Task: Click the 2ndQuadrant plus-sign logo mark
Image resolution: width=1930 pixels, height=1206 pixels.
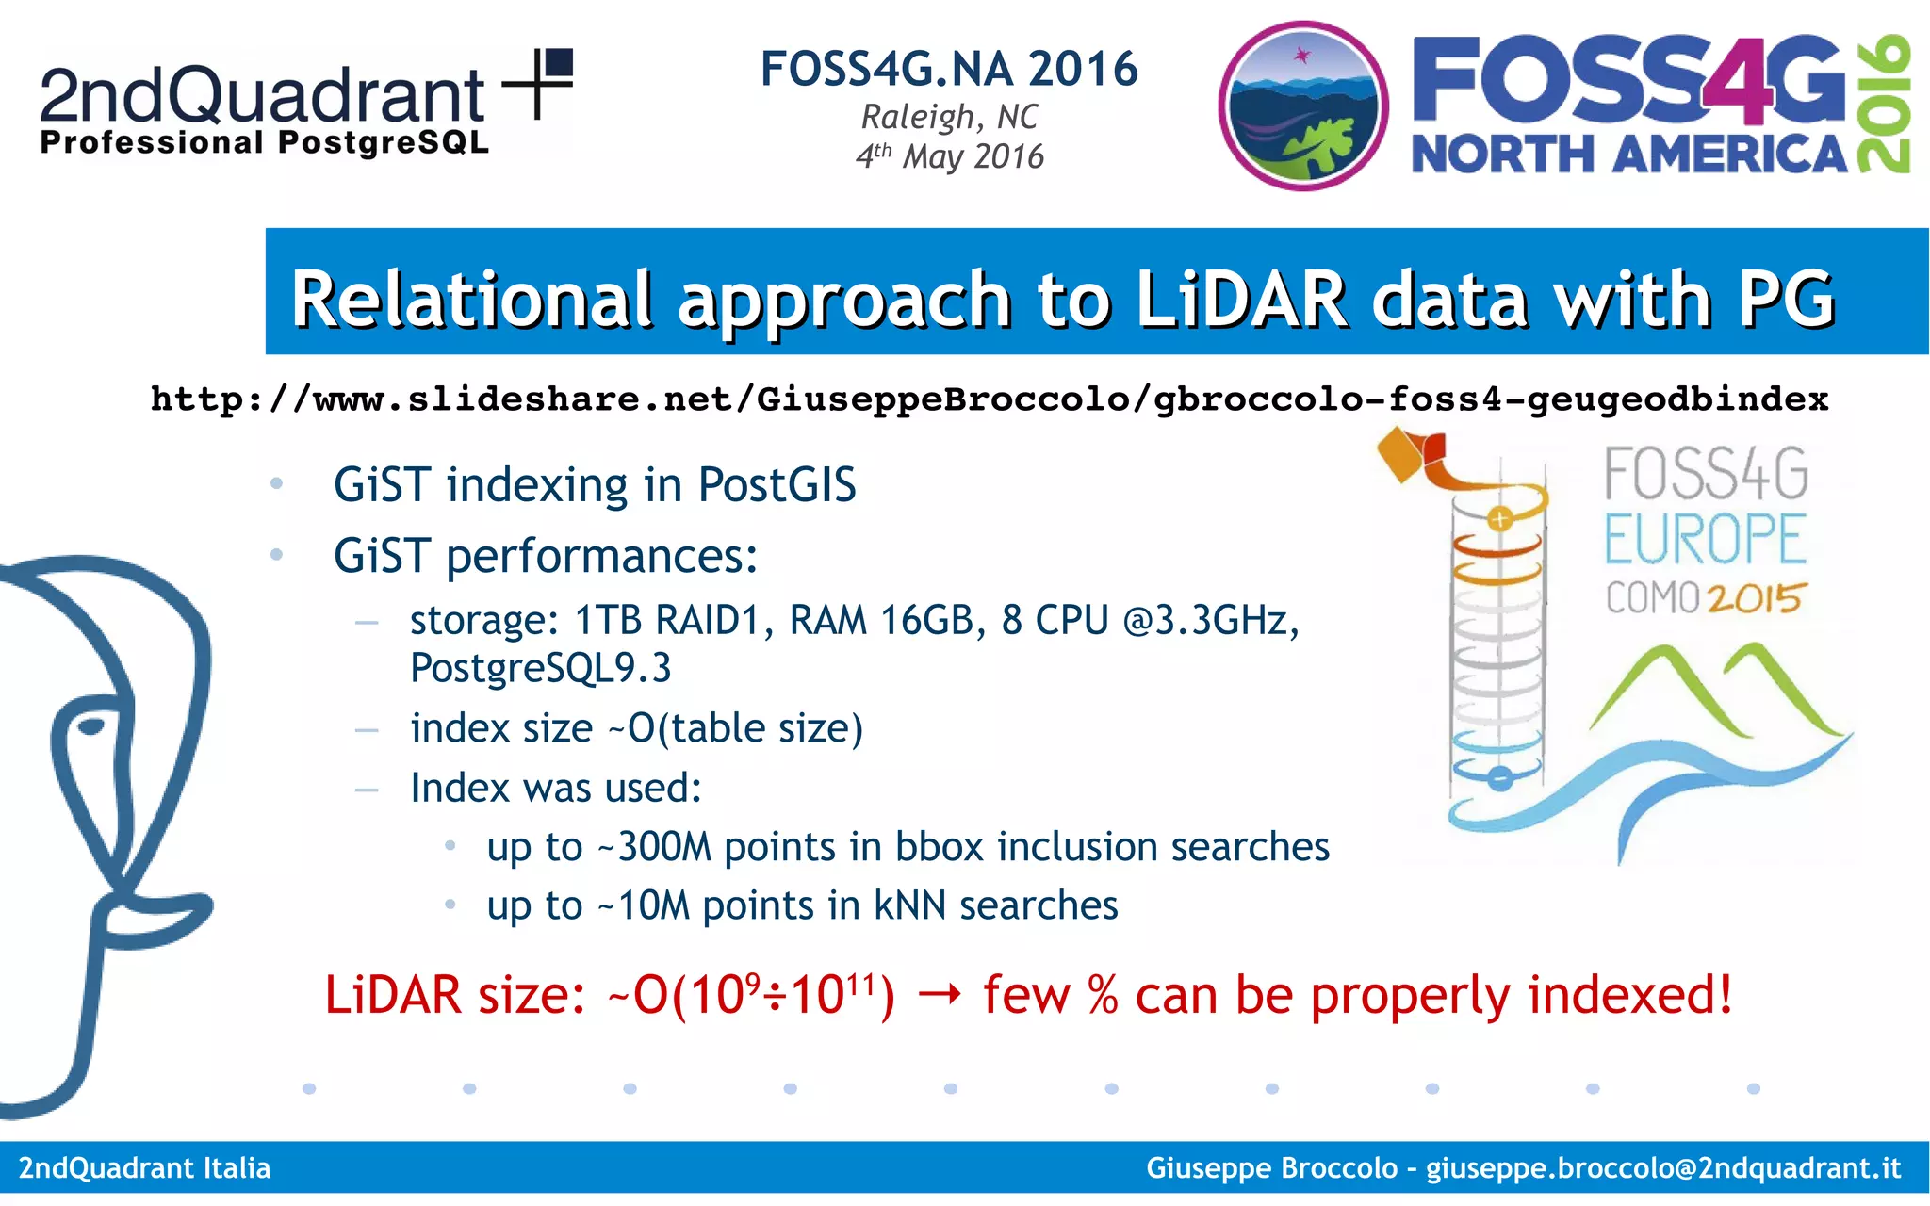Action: tap(539, 83)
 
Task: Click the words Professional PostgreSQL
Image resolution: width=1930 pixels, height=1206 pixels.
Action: tap(264, 143)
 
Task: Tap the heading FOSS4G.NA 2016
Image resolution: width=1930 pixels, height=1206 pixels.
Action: tap(949, 69)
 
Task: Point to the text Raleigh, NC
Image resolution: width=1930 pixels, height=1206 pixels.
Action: tap(949, 117)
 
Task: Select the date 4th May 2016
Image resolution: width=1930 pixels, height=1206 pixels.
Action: tap(949, 156)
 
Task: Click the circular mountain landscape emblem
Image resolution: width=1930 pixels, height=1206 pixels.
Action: tap(1302, 106)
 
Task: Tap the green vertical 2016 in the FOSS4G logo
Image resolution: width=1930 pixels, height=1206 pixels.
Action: tap(1884, 104)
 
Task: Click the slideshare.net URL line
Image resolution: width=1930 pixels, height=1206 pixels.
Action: tap(990, 399)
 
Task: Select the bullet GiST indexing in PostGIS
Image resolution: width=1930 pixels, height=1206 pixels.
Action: tap(594, 485)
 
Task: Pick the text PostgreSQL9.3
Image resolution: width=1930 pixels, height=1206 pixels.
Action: tap(540, 668)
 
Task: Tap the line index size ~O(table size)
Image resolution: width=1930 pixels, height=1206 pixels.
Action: tap(636, 728)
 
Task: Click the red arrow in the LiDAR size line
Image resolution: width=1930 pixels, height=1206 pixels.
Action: tap(939, 995)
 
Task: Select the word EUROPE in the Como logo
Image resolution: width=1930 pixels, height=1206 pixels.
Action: tap(1706, 539)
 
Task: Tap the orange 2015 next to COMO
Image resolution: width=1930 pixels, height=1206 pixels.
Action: tap(1755, 598)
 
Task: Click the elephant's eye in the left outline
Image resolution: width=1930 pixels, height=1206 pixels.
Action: tap(91, 725)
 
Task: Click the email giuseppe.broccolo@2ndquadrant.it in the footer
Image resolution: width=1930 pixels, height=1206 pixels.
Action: tap(1662, 1168)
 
